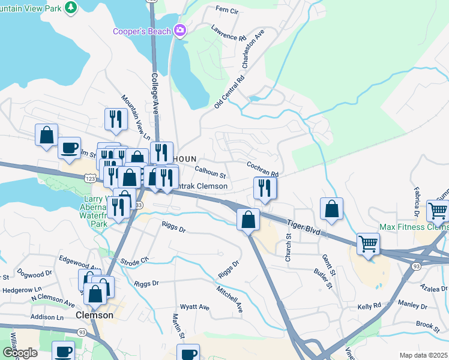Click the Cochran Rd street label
pos(262,169)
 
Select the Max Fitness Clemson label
pos(414,227)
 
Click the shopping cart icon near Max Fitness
pos(438,211)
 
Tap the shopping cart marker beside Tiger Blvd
pos(368,244)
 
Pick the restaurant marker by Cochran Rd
pos(265,188)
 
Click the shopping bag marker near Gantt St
pos(331,209)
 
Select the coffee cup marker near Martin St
pos(189,353)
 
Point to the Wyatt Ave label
pos(197,307)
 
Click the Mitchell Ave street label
pos(230,298)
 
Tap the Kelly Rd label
pos(369,306)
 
